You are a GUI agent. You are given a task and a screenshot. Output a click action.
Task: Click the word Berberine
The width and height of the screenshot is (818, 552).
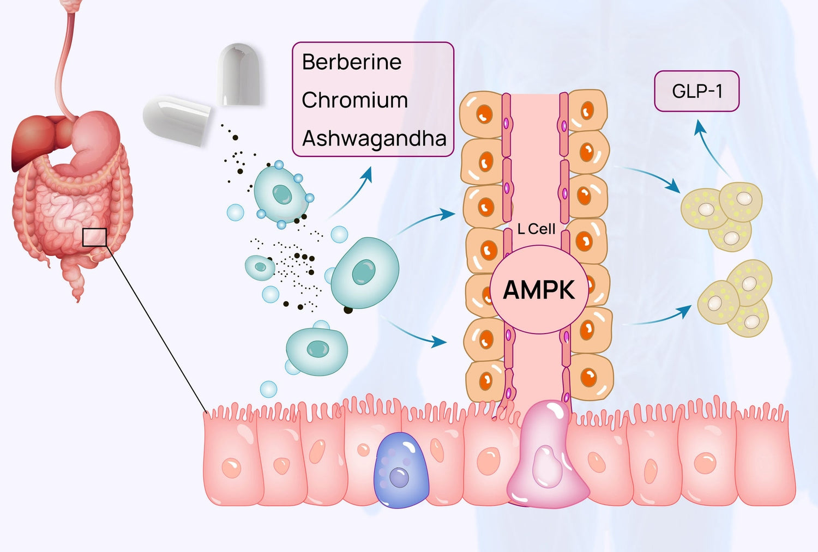352,62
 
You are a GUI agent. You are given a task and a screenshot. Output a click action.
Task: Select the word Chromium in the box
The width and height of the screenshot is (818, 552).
355,100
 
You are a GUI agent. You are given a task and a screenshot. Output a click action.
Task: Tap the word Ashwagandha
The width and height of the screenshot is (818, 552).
375,139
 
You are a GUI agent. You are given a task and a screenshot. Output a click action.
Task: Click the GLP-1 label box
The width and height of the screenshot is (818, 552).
697,91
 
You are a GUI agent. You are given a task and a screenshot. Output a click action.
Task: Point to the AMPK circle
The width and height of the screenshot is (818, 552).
539,289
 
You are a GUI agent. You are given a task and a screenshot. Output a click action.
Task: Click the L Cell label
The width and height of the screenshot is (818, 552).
536,229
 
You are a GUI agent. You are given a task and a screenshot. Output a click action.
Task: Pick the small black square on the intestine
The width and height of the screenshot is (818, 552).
94,238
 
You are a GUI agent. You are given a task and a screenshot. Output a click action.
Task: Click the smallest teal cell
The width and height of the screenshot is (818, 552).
260,267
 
